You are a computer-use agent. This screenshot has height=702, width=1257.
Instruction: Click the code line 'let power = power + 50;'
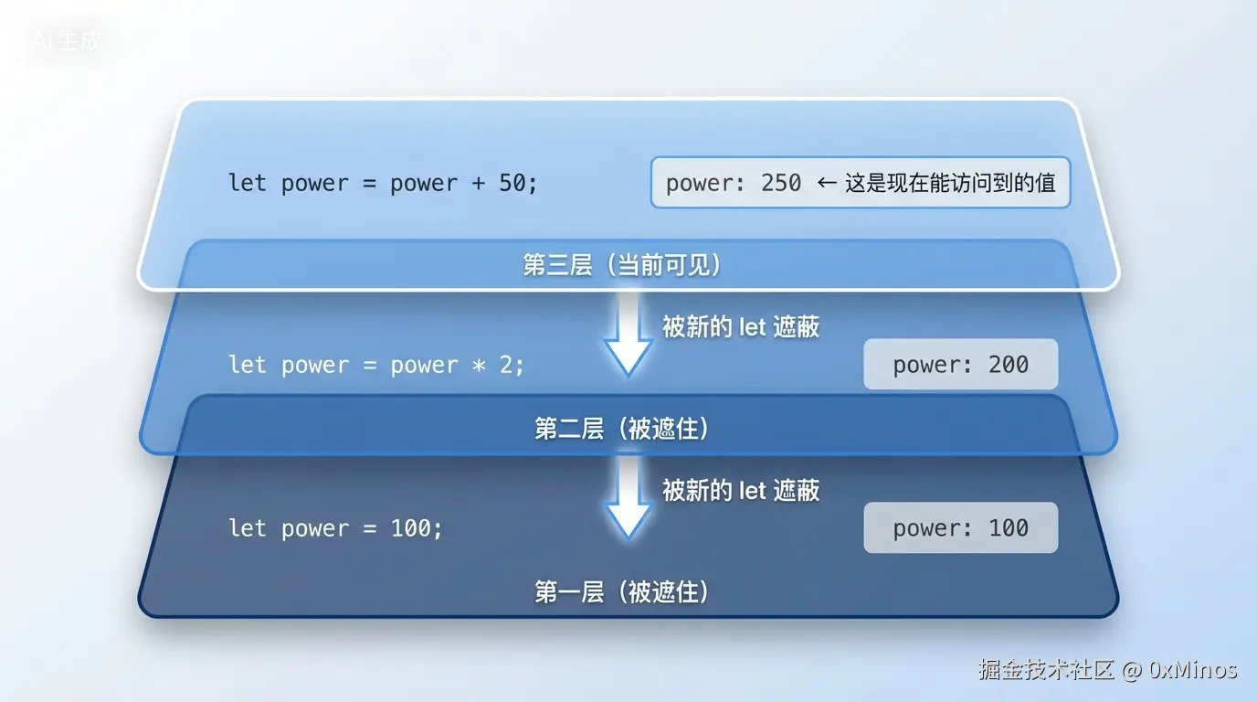(383, 183)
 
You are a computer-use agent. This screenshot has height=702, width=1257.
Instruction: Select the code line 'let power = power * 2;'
(376, 365)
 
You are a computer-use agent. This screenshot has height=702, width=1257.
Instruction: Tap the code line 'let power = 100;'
(335, 528)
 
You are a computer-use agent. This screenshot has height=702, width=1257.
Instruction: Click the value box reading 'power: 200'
(960, 365)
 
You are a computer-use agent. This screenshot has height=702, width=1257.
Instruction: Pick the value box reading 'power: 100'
(960, 528)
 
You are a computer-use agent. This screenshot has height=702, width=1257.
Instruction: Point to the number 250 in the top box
(781, 183)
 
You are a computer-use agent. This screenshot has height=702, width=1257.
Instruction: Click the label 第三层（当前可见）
(622, 265)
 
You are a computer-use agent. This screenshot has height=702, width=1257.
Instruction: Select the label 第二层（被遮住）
(622, 429)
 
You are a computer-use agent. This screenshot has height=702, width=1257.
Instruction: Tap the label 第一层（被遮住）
(622, 591)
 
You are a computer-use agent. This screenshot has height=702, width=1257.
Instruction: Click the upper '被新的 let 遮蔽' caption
(740, 326)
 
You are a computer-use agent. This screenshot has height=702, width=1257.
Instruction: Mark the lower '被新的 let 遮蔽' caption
(740, 490)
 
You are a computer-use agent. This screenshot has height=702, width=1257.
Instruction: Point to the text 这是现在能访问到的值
(950, 183)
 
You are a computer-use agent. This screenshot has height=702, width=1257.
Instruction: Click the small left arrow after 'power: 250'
(826, 183)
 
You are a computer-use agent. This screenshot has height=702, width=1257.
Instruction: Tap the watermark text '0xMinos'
(1193, 670)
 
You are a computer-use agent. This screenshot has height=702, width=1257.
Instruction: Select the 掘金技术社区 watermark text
(1047, 670)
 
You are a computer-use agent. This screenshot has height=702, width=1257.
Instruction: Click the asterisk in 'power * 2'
(479, 366)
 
